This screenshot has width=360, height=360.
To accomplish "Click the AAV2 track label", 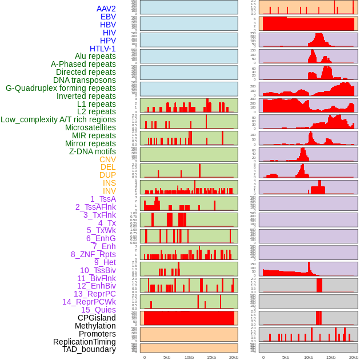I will click(x=106, y=9).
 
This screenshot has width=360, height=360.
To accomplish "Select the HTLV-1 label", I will click(x=102, y=49).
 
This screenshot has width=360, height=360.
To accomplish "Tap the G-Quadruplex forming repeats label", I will click(x=61, y=88).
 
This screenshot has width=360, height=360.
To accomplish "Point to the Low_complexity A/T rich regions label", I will click(x=58, y=119).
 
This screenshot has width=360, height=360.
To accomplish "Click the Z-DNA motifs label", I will click(x=92, y=151).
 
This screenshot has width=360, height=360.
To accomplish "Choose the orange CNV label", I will click(x=107, y=159).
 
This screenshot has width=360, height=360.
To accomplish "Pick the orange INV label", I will click(x=109, y=191).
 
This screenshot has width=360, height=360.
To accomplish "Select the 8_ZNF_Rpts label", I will click(x=93, y=254).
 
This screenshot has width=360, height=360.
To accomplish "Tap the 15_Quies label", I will click(x=98, y=310).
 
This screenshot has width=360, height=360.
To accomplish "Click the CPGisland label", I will click(x=97, y=318).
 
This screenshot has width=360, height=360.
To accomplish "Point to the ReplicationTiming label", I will click(x=84, y=342).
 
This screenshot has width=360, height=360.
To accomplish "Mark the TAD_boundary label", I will click(x=89, y=349).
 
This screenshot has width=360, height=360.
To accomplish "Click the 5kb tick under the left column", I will click(x=167, y=357).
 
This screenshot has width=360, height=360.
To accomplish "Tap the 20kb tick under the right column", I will click(x=354, y=357).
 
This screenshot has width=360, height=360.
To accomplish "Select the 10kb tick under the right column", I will click(x=308, y=357).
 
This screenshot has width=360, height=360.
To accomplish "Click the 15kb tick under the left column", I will click(x=211, y=357).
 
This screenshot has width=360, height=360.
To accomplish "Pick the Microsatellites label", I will click(x=90, y=127).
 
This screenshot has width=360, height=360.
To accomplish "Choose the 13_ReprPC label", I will click(x=94, y=294).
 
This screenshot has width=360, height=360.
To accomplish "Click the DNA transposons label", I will click(x=85, y=80).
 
